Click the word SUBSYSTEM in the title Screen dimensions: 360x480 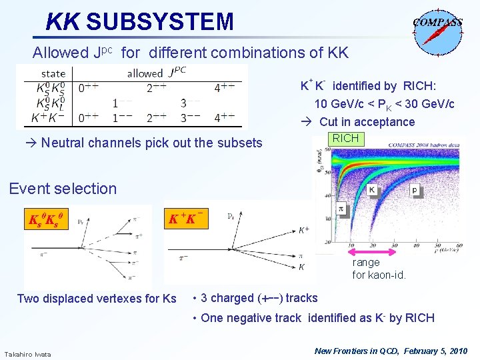(x=160, y=22)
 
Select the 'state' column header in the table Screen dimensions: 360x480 (x=53, y=73)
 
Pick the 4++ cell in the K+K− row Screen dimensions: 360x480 (x=225, y=118)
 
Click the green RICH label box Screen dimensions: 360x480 (x=345, y=139)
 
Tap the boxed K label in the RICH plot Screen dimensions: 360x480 (x=372, y=190)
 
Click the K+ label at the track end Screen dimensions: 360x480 (x=303, y=230)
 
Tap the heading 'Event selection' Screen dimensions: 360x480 (x=63, y=189)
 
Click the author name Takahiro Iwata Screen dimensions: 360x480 (x=28, y=353)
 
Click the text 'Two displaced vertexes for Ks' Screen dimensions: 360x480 (x=97, y=299)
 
